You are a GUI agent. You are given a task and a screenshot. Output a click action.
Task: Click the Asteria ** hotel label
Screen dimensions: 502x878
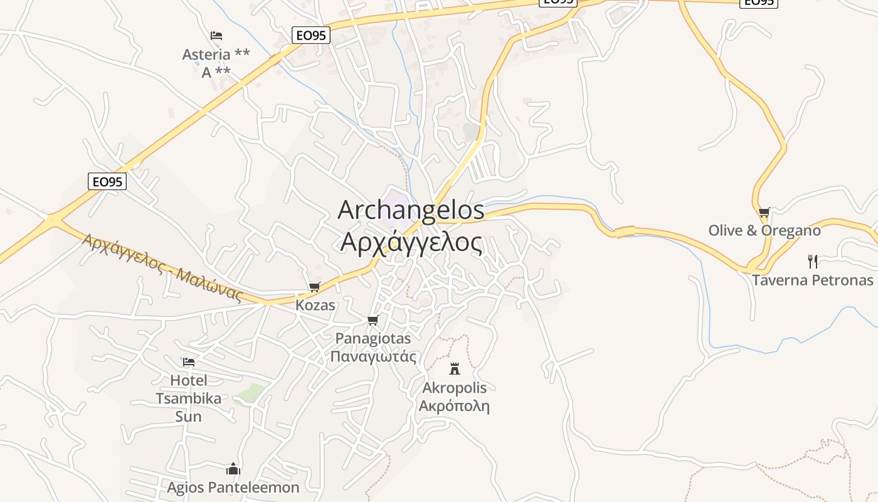(x=216, y=55)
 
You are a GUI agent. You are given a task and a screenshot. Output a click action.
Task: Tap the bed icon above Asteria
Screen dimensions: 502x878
(x=216, y=36)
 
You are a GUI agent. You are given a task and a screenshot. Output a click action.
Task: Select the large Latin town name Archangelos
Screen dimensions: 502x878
(x=411, y=210)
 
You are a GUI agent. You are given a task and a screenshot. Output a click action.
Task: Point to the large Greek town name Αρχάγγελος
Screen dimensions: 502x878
(x=411, y=242)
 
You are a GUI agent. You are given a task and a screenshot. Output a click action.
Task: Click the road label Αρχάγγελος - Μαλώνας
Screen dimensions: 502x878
(x=162, y=267)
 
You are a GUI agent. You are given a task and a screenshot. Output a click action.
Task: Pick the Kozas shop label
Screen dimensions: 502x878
(x=315, y=306)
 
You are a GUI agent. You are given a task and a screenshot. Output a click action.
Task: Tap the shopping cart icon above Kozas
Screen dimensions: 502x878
(x=315, y=287)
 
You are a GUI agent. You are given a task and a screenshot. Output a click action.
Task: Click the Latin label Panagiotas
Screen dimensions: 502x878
(x=373, y=338)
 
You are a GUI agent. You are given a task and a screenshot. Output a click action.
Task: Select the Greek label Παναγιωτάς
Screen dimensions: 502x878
(x=373, y=356)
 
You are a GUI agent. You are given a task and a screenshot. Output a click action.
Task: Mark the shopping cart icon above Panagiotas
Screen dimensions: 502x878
(x=373, y=321)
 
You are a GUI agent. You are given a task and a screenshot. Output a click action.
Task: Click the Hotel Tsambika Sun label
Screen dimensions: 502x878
(x=188, y=398)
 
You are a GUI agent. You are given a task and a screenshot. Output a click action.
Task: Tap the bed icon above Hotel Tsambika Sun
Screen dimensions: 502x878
(x=188, y=362)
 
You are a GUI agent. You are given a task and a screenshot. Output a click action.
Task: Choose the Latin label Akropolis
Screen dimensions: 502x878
(x=455, y=388)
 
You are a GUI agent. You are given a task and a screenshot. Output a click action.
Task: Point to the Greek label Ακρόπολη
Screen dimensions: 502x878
(x=454, y=405)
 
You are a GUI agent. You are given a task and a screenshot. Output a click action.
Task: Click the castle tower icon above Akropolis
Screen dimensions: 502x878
(x=455, y=369)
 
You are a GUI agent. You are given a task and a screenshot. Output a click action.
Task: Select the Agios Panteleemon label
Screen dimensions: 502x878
(x=233, y=487)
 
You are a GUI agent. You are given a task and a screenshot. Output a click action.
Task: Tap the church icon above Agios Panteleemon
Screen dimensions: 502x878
(x=233, y=469)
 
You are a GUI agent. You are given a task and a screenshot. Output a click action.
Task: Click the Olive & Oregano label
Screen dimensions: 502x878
(x=764, y=230)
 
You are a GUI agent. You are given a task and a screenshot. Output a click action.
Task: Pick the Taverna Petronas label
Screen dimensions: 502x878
(x=812, y=280)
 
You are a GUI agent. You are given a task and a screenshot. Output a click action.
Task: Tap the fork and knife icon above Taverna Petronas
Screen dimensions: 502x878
(x=813, y=261)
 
